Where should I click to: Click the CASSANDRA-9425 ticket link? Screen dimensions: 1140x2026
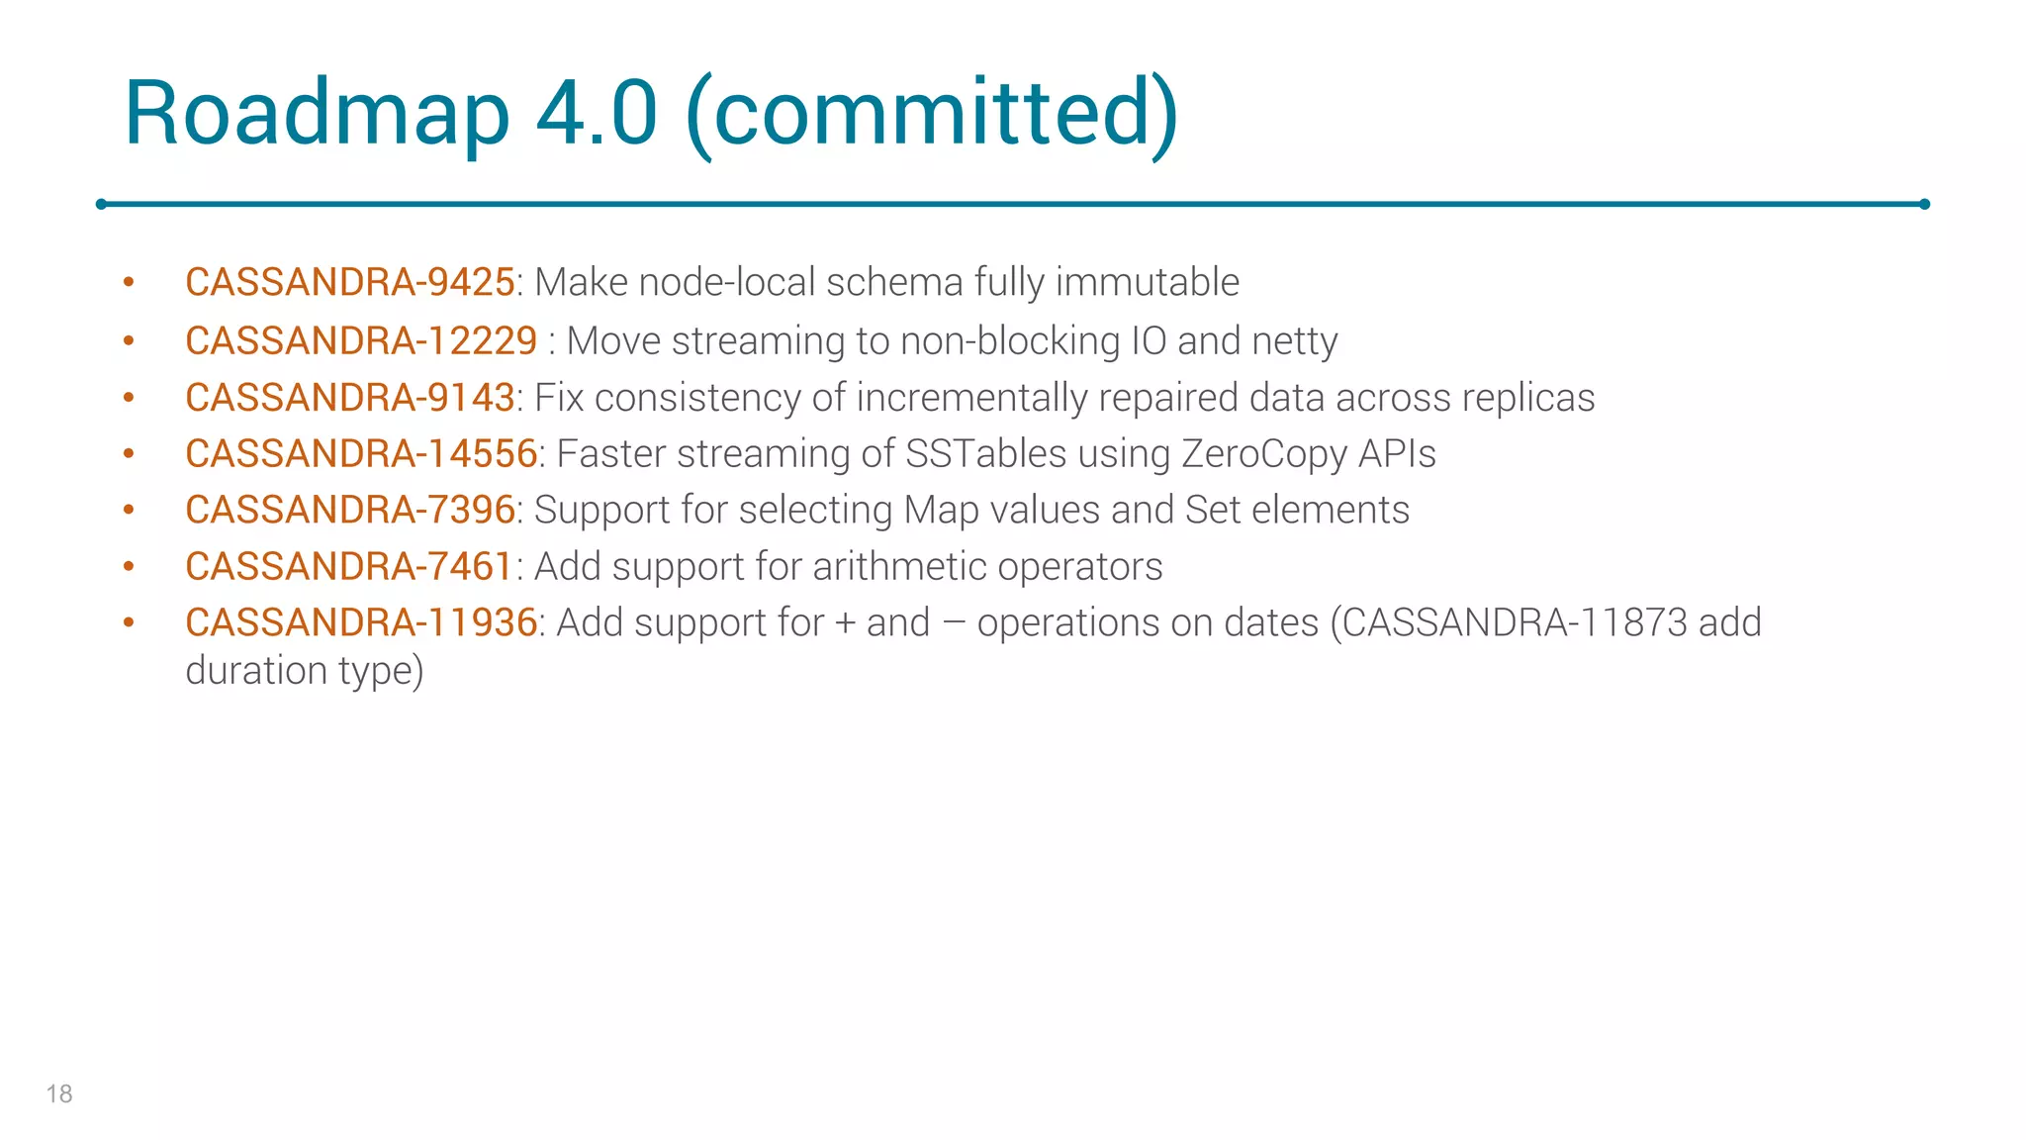349,283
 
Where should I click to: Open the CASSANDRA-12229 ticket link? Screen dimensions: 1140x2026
361,341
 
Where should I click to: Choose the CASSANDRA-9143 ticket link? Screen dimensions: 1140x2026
349,398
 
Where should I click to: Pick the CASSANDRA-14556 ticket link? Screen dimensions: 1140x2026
361,454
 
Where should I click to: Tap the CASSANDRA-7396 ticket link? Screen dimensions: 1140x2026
349,511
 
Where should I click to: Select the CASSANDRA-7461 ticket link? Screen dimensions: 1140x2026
349,567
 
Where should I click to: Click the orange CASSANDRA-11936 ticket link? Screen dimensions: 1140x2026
361,623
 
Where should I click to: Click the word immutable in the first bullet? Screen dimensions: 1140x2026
1147,283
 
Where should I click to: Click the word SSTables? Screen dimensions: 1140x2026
985,454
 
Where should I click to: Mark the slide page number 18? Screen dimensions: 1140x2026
59,1093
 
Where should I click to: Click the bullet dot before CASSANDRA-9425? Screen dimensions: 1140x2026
129,283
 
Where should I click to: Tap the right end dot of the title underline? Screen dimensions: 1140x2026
1924,204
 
